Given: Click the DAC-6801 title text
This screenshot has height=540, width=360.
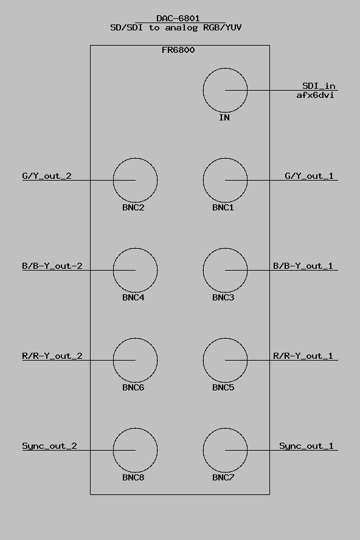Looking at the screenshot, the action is (x=178, y=18).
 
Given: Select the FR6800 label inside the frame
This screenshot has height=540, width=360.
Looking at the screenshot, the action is (x=178, y=50).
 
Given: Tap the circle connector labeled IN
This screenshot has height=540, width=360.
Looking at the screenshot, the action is (x=203, y=90).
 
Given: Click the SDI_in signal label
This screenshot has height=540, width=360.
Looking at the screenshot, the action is (x=319, y=86).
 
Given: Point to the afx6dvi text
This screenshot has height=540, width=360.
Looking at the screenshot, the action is (x=315, y=95).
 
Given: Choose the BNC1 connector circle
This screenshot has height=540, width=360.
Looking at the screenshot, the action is (x=203, y=180).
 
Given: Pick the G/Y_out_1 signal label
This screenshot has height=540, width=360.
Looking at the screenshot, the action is (x=309, y=176).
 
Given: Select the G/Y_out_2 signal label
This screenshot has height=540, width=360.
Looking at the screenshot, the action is (x=47, y=176).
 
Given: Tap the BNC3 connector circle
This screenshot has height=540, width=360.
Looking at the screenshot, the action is (x=203, y=270).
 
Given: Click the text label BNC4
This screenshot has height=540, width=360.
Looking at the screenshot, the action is (x=133, y=297).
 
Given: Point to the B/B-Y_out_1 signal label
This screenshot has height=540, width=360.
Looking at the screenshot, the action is (x=303, y=266).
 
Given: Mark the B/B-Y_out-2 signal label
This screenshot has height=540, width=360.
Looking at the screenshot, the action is (x=52, y=266).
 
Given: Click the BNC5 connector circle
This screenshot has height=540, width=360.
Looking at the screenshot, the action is (x=203, y=360).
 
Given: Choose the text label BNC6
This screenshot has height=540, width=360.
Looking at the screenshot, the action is (x=133, y=387).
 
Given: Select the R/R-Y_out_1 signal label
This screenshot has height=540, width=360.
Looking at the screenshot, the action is (x=303, y=356).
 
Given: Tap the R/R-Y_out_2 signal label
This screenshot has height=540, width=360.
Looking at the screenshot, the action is (x=52, y=356).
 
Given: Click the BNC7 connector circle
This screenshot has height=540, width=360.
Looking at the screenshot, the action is (x=203, y=450).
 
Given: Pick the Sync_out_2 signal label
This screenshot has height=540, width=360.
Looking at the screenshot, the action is (x=50, y=446).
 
